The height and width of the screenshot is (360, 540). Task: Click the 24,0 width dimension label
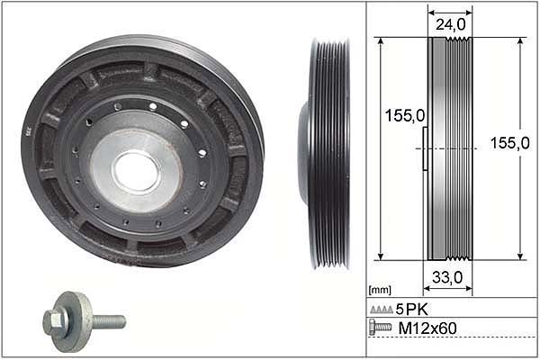(x=450, y=25)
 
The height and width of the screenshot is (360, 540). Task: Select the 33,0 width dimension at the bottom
(x=447, y=278)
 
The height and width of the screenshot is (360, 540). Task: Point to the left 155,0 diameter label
(x=405, y=116)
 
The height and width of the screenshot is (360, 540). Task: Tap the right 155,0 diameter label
(x=510, y=143)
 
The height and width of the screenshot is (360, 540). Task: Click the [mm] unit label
(x=380, y=290)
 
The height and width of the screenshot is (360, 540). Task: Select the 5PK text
(x=411, y=310)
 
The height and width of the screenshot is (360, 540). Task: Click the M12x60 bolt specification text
(x=427, y=328)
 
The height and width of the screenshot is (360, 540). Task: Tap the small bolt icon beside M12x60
(x=380, y=327)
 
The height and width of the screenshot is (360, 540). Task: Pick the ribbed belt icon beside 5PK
(x=382, y=310)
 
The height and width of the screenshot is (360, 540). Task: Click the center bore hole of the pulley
(x=137, y=171)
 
